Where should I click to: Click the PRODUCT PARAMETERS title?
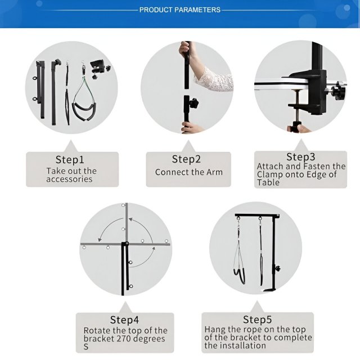click(180, 10)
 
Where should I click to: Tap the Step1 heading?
click(70, 160)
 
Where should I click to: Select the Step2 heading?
click(186, 159)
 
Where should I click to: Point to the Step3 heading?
click(300, 157)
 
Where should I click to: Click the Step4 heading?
click(124, 319)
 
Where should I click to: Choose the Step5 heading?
click(257, 319)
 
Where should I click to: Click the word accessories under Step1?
click(69, 179)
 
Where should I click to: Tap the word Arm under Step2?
click(214, 172)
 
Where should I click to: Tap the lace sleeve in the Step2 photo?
click(214, 79)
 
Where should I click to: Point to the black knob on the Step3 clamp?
click(339, 90)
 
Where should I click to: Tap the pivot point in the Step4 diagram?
click(127, 244)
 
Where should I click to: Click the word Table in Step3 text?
click(268, 182)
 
